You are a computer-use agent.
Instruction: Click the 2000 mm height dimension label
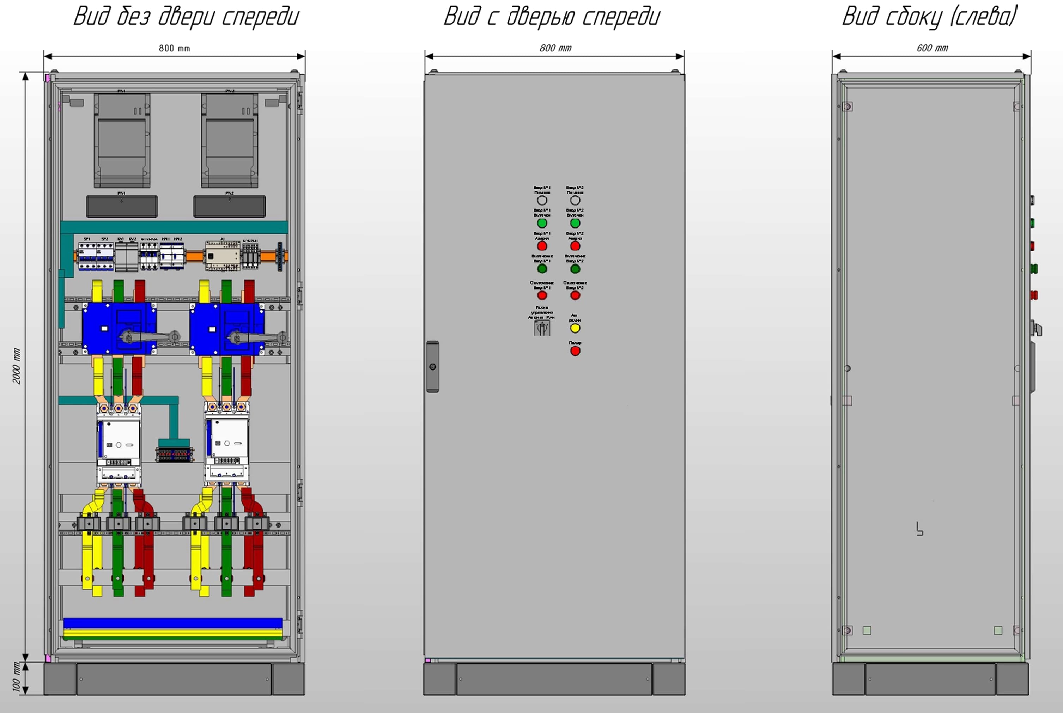[x=16, y=366]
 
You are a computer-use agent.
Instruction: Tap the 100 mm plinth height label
[x=16, y=677]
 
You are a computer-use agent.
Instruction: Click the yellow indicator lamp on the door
[x=575, y=328]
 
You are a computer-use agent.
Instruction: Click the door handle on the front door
[x=432, y=366]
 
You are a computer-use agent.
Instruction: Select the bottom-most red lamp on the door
[x=575, y=351]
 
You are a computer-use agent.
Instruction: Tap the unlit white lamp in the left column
[x=542, y=200]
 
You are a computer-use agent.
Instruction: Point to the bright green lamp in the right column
[x=575, y=223]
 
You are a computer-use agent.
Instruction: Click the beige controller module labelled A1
[x=222, y=256]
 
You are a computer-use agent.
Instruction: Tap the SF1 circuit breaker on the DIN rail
[x=86, y=256]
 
